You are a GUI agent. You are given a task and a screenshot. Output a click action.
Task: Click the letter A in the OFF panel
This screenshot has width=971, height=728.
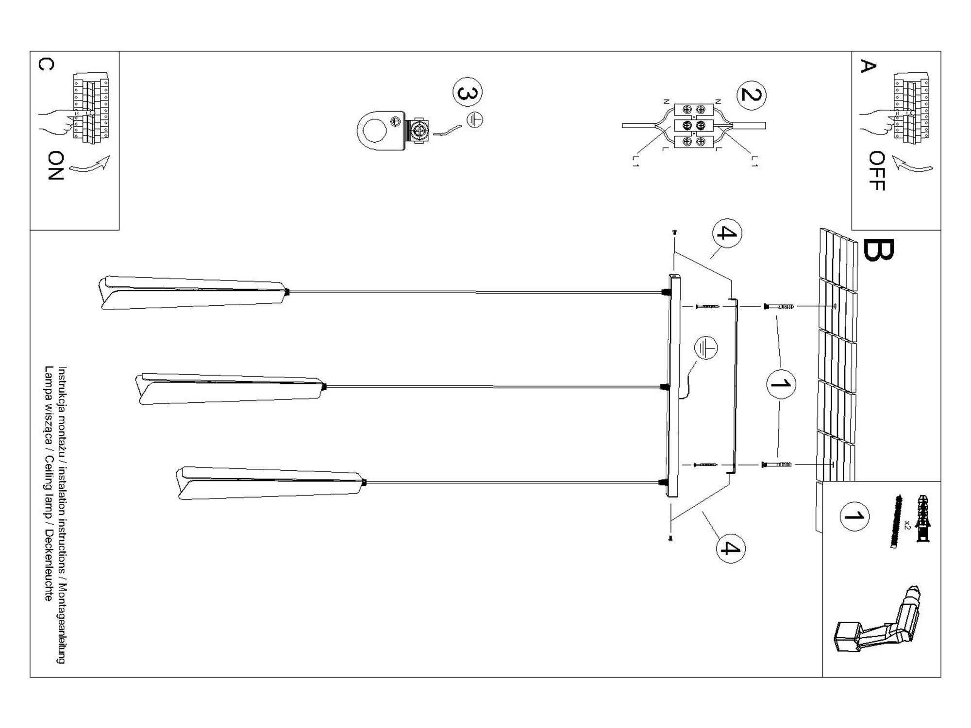(868, 66)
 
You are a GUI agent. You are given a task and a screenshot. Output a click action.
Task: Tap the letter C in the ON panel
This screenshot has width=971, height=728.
(46, 64)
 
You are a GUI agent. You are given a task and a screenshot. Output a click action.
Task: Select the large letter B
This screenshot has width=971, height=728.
(878, 250)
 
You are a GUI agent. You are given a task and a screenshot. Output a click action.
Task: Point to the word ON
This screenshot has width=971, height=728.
(56, 165)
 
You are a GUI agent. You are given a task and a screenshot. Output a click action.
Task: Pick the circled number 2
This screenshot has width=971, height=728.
(751, 95)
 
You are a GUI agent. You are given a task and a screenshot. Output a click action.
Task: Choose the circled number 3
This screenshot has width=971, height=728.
(467, 92)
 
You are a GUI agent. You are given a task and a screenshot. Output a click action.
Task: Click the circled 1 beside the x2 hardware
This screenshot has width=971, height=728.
(854, 516)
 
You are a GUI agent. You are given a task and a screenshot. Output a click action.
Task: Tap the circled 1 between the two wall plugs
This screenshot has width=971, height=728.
(781, 384)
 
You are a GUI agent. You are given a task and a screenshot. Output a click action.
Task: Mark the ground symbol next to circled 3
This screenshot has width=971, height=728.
(475, 119)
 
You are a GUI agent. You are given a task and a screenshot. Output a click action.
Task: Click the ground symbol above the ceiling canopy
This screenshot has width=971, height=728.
(705, 348)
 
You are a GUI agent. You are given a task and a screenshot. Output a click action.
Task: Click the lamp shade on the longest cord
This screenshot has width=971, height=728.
(192, 293)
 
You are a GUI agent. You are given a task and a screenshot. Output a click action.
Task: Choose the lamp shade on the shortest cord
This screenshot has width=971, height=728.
(270, 483)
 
